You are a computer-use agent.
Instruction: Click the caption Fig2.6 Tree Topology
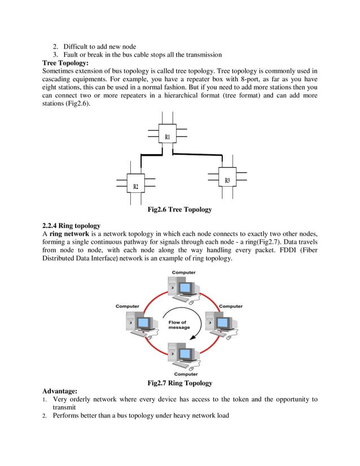(179, 209)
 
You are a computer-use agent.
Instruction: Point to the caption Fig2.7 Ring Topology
(179, 383)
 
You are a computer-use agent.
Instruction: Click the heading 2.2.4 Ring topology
(71, 226)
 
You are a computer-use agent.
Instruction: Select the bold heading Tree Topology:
(65, 63)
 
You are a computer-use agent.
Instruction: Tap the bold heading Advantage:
(60, 391)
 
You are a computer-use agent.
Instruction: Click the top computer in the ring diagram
(185, 288)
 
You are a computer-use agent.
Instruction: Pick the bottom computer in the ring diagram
(185, 355)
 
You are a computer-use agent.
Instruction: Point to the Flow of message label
(179, 325)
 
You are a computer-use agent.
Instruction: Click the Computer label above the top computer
(184, 272)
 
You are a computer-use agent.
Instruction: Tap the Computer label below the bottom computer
(186, 374)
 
